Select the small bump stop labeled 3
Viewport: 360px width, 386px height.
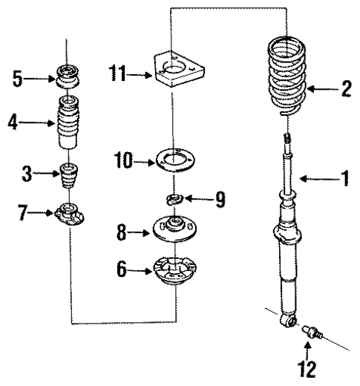click(69, 177)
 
